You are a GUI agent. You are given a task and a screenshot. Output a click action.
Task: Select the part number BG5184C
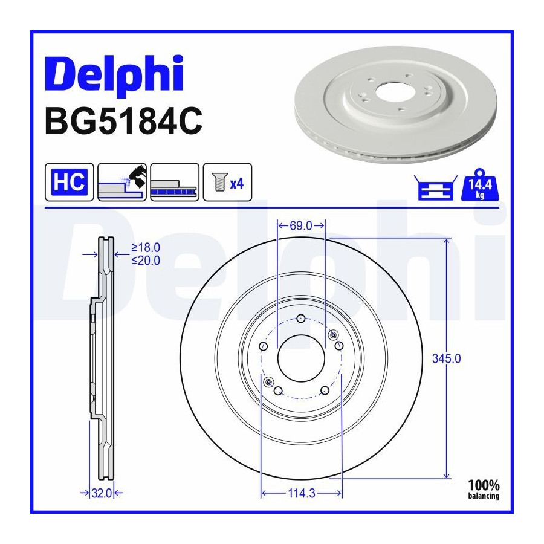123,121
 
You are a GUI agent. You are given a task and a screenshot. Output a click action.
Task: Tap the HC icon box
70,182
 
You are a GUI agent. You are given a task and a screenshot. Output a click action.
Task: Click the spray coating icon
122,182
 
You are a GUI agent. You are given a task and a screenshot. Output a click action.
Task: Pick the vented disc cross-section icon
175,182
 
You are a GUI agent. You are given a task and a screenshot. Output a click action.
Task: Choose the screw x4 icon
228,182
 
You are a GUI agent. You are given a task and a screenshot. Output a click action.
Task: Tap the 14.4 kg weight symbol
479,185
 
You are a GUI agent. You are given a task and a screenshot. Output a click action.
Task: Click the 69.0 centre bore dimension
301,226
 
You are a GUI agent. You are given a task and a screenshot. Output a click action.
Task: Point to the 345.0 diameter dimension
447,358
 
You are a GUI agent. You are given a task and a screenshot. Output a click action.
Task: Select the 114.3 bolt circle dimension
302,493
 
